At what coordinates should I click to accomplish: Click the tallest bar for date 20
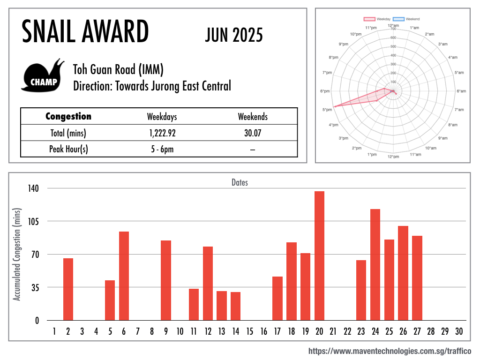coord(319,255)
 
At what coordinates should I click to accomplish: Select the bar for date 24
coord(375,264)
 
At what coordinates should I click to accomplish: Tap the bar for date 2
coord(68,289)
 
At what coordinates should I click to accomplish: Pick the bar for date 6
coord(124,276)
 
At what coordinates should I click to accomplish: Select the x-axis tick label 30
coord(459,332)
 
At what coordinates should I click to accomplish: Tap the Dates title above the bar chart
coord(240,182)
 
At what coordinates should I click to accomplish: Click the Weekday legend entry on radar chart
coord(377,19)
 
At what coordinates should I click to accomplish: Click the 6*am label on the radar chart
coord(461,91)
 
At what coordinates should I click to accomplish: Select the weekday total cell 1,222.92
coord(162,133)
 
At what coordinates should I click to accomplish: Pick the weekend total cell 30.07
coord(252,133)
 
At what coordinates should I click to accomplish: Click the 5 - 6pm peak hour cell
coord(162,149)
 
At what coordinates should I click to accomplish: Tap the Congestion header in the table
coord(68,117)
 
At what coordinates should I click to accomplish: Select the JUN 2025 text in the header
coord(234,35)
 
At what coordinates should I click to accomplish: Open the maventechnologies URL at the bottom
coord(390,351)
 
